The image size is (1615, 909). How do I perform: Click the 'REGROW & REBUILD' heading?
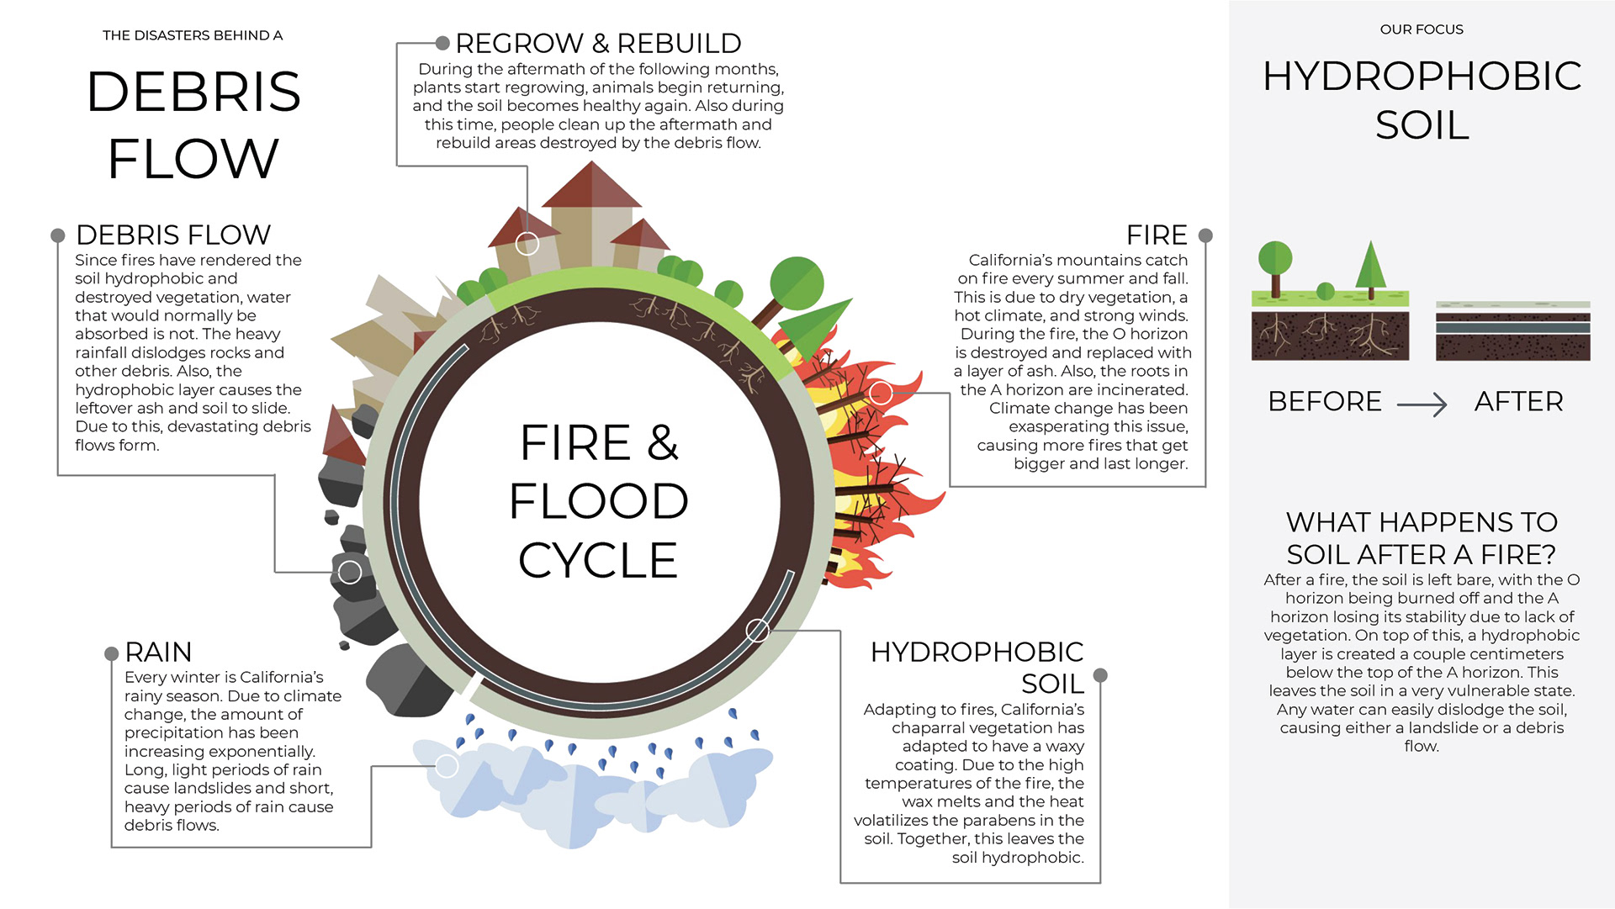(598, 43)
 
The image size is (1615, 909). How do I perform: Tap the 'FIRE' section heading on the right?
(1157, 235)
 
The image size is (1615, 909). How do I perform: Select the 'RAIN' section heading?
(158, 652)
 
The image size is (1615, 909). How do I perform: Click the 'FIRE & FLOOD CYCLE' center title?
(598, 501)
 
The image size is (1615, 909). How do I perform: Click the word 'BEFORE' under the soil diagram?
(1325, 401)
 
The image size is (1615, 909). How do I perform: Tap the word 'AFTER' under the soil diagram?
(1518, 401)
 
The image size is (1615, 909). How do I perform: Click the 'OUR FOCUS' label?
(1422, 29)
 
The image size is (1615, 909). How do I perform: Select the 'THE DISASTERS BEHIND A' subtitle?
(193, 35)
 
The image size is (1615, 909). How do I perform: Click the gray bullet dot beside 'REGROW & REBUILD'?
(442, 43)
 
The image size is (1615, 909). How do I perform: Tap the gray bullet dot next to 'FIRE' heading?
(1205, 235)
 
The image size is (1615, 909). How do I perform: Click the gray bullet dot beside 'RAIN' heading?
(111, 653)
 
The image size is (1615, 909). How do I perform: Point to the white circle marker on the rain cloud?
(447, 766)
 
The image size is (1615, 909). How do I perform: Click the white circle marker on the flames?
(881, 393)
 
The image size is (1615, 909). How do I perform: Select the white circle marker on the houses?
(527, 244)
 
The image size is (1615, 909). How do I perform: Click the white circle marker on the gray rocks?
(350, 573)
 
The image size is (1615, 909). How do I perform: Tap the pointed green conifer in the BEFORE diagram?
(1371, 267)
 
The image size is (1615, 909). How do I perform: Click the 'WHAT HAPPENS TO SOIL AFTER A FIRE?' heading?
(1422, 538)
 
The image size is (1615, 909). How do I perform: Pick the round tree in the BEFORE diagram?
(1275, 259)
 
